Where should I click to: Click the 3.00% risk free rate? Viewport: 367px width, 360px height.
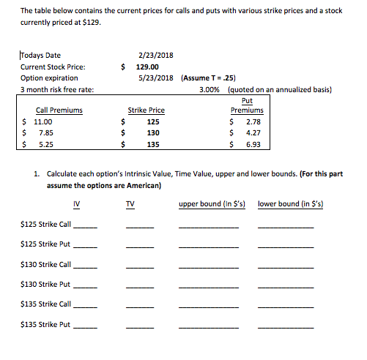(212, 90)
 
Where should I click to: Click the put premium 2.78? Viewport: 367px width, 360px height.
(253, 121)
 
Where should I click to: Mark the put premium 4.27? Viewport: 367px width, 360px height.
(253, 133)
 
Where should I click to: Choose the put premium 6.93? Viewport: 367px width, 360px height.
(253, 145)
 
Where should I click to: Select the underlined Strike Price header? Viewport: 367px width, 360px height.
(147, 110)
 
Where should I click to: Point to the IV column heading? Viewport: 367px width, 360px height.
(78, 203)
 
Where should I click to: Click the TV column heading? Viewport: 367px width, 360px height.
(130, 203)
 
